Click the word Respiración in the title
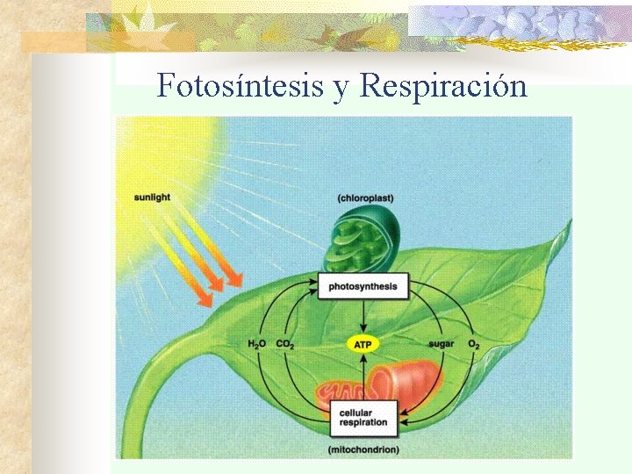443,86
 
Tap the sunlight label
153,197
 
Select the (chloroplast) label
365,198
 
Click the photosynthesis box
363,286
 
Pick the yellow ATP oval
363,345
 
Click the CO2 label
285,344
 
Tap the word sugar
441,343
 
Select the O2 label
474,344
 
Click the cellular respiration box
363,418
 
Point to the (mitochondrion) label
363,449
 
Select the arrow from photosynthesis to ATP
363,316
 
